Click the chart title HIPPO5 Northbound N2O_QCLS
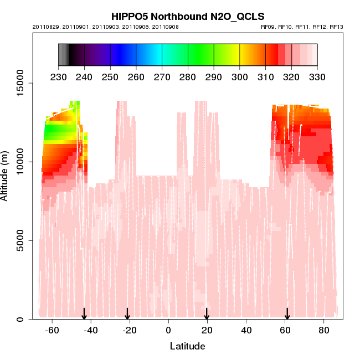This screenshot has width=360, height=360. pyautogui.click(x=188, y=17)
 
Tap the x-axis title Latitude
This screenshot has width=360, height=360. pyautogui.click(x=187, y=347)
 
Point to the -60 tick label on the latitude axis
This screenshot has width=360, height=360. pyautogui.click(x=52, y=330)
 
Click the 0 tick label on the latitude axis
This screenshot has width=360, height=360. pyautogui.click(x=168, y=330)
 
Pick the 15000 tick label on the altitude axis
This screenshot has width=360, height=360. pyautogui.click(x=17, y=83)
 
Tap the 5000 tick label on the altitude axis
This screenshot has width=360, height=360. pyautogui.click(x=19, y=240)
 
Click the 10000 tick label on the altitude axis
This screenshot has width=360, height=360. pyautogui.click(x=17, y=162)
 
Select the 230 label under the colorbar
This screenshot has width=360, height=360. pyautogui.click(x=58, y=76)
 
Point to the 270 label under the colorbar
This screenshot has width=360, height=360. pyautogui.click(x=162, y=76)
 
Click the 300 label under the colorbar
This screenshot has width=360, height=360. pyautogui.click(x=240, y=76)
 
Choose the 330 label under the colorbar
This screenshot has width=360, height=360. pyautogui.click(x=317, y=76)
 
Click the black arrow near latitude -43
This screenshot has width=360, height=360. pyautogui.click(x=84, y=314)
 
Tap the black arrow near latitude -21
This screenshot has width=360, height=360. pyautogui.click(x=127, y=314)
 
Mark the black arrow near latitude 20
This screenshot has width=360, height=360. pyautogui.click(x=207, y=314)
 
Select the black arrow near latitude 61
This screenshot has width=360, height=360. pyautogui.click(x=287, y=314)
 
